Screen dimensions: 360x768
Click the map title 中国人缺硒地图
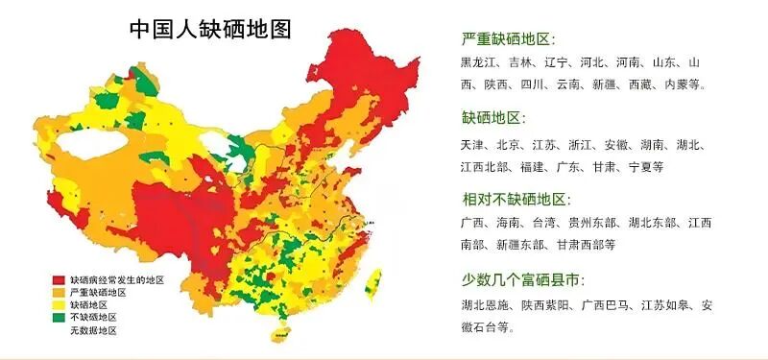[211, 29]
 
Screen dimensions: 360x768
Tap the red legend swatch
[58, 279]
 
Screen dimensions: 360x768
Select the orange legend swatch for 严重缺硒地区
[58, 292]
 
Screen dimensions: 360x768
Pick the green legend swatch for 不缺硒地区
[58, 317]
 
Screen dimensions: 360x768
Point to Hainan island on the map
[279, 332]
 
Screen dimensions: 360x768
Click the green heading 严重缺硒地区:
[508, 39]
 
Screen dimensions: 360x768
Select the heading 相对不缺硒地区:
[516, 199]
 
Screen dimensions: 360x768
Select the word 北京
[510, 145]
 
